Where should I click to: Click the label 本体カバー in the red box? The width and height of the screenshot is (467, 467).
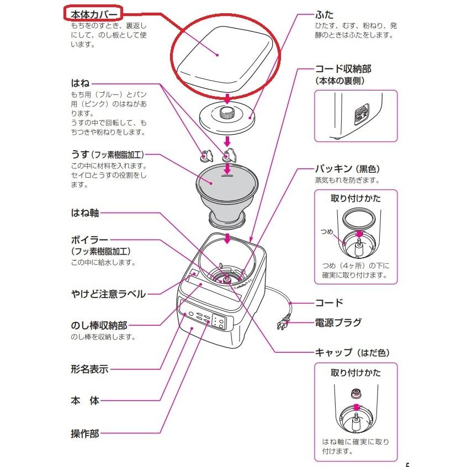[x=93, y=14]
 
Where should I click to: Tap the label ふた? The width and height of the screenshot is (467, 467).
[x=323, y=14]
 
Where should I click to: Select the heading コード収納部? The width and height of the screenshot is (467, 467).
[x=343, y=69]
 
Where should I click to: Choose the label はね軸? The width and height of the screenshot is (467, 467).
[x=84, y=213]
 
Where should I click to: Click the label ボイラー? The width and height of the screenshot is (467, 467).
[x=89, y=240]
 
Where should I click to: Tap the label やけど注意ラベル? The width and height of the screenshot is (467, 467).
[x=108, y=294]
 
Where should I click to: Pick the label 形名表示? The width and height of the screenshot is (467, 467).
[x=89, y=369]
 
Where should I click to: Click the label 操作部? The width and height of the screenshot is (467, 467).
[x=84, y=433]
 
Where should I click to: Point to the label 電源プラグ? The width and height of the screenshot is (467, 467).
[x=338, y=322]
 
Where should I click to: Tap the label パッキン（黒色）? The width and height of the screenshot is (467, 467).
[x=347, y=168]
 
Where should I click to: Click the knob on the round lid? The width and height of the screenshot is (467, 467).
[x=226, y=114]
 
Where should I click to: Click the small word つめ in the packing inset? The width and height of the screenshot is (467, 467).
[x=326, y=232]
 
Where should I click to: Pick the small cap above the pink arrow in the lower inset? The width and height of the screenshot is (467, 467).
[x=356, y=394]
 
